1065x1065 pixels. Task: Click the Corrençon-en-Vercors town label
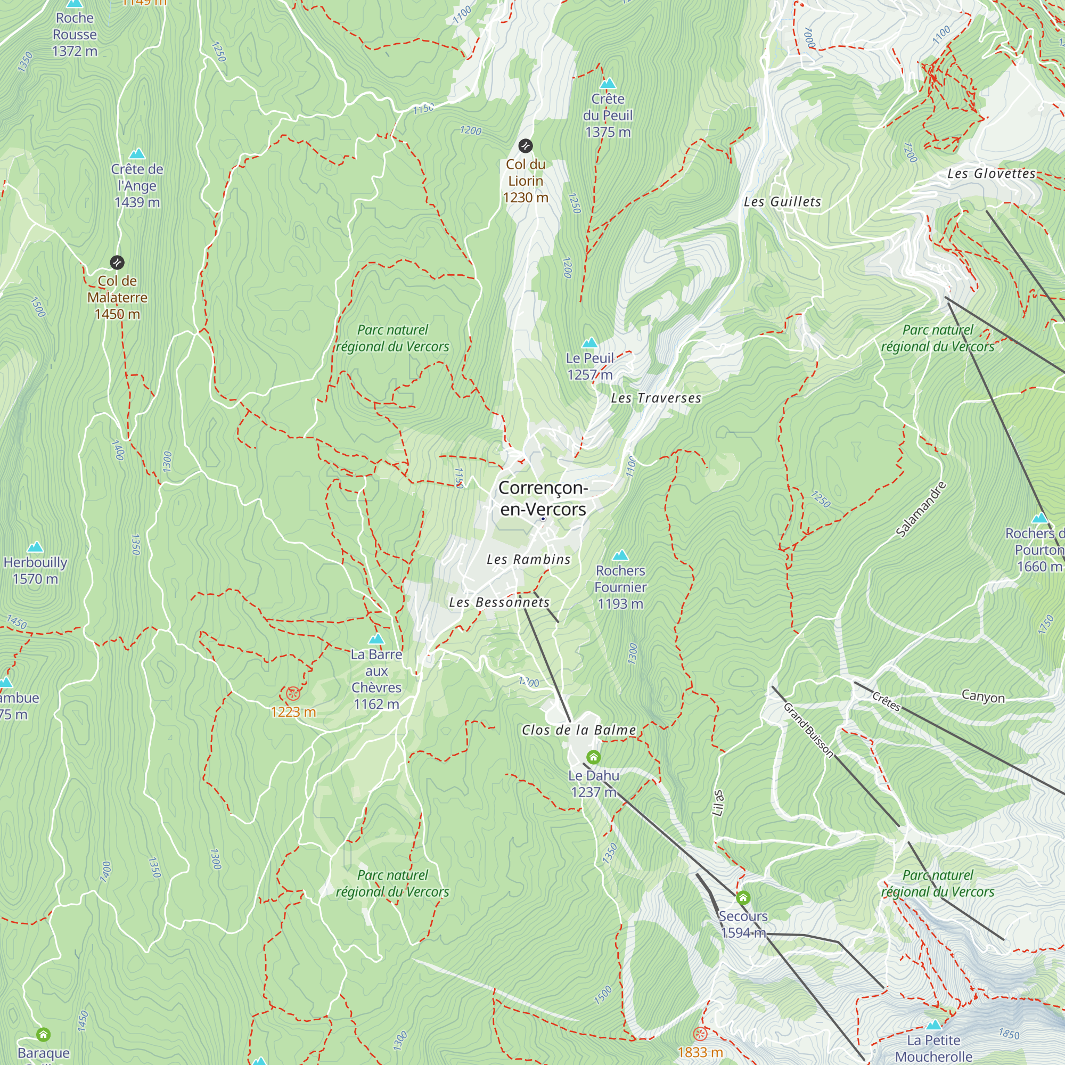coord(543,498)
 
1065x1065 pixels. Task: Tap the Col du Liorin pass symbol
coord(526,146)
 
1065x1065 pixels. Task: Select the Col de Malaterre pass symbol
coord(117,263)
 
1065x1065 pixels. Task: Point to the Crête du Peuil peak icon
coord(608,84)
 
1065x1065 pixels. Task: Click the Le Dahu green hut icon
coord(593,757)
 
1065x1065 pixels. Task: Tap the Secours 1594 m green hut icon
coord(742,898)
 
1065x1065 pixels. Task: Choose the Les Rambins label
coord(528,560)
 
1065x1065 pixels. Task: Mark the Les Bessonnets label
coord(499,602)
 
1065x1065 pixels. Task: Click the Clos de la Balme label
coord(579,731)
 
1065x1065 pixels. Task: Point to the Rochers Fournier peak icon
coord(620,554)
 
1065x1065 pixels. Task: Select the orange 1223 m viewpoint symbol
coord(293,693)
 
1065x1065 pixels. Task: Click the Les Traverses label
coord(656,398)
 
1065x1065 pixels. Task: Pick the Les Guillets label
coord(782,202)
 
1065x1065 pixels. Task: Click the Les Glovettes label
coord(991,174)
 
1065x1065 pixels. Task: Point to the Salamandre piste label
coord(921,509)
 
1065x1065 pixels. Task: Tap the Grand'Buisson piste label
coord(808,730)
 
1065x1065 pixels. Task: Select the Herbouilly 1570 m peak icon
coord(35,547)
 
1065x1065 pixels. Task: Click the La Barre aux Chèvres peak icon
coord(376,639)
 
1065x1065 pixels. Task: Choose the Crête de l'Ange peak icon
coord(137,153)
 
